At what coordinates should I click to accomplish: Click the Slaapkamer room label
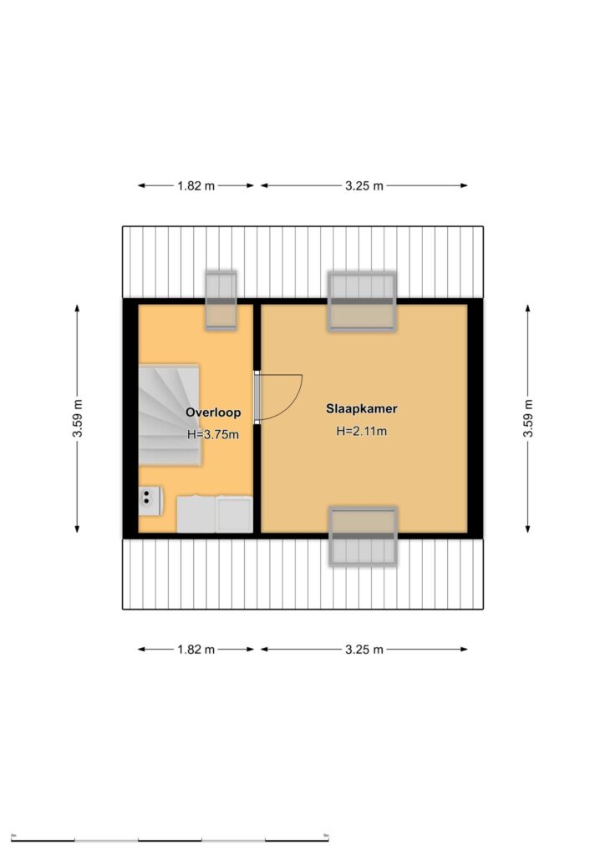pyautogui.click(x=362, y=408)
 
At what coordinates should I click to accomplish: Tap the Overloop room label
pyautogui.click(x=213, y=412)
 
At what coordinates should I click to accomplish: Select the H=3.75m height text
pyautogui.click(x=213, y=434)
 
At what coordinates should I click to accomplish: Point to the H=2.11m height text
pyautogui.click(x=362, y=432)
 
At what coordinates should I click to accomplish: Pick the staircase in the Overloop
pyautogui.click(x=169, y=415)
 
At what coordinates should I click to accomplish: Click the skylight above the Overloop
pyautogui.click(x=221, y=301)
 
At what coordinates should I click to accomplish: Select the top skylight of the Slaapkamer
pyautogui.click(x=362, y=301)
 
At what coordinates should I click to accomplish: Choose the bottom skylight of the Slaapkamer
pyautogui.click(x=364, y=537)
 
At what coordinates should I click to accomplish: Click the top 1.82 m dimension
pyautogui.click(x=196, y=185)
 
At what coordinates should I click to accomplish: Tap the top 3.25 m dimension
pyautogui.click(x=364, y=185)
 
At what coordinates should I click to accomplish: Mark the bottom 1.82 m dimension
pyautogui.click(x=196, y=650)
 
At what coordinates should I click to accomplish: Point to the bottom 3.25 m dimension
pyautogui.click(x=364, y=650)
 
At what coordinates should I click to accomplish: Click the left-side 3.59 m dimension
pyautogui.click(x=78, y=418)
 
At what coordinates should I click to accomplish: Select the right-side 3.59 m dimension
pyautogui.click(x=528, y=418)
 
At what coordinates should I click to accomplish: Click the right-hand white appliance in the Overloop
pyautogui.click(x=234, y=514)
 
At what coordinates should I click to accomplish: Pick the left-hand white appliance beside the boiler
pyautogui.click(x=196, y=514)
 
